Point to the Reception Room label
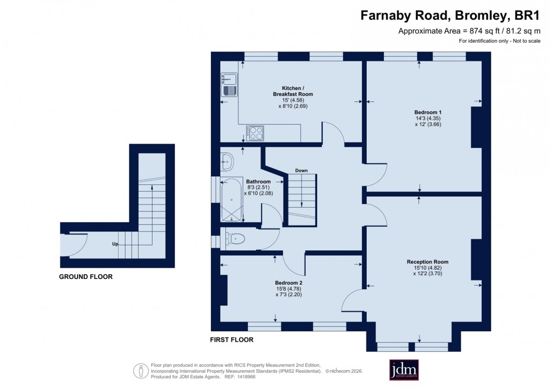pyautogui.click(x=428, y=262)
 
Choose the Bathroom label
pyautogui.click(x=259, y=182)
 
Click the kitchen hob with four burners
pyautogui.click(x=256, y=133)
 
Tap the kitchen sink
pyautogui.click(x=229, y=85)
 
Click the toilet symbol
pyautogui.click(x=236, y=238)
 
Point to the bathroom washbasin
pyautogui.click(x=227, y=160)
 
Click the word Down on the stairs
pyautogui.click(x=301, y=170)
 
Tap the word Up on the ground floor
pyautogui.click(x=115, y=244)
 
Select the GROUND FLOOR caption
pyautogui.click(x=86, y=277)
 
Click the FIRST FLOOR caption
pyautogui.click(x=232, y=340)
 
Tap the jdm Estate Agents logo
pyautogui.click(x=404, y=370)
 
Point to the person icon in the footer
pyautogui.click(x=141, y=371)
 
